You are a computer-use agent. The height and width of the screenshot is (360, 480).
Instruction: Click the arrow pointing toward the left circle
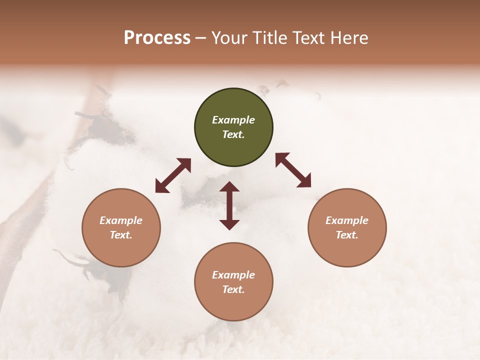tap(173, 175)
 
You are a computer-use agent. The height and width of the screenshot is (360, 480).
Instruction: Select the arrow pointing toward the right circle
tap(293, 170)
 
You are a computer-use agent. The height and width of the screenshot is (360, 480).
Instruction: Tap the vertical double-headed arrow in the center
tap(229, 205)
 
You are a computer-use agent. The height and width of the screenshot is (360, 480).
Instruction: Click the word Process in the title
tap(157, 38)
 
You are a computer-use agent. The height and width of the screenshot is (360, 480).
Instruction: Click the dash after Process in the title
tap(200, 38)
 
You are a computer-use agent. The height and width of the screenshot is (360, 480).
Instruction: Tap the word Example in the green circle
tap(233, 120)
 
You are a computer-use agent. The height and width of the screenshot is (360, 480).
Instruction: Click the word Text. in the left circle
tap(121, 235)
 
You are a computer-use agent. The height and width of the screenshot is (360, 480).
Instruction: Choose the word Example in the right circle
tap(347, 220)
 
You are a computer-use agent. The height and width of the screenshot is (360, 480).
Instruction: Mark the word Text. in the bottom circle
tap(233, 289)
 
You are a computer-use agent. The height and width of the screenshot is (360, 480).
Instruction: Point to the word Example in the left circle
tap(121, 220)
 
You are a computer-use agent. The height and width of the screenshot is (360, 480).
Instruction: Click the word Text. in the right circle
tap(347, 235)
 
